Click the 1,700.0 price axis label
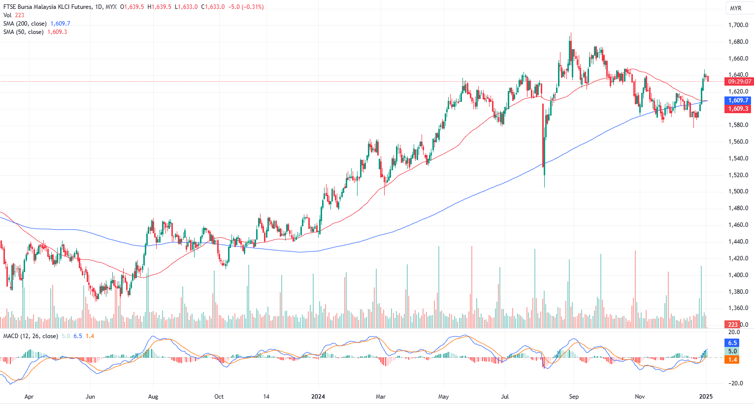[738, 25]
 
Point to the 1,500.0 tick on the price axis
[738, 191]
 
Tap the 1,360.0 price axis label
[738, 309]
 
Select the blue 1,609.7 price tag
[738, 100]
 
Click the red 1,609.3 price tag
[738, 109]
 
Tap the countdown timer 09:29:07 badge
[739, 82]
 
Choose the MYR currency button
[735, 8]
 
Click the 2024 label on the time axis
[318, 397]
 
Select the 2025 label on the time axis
[706, 397]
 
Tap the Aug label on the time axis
[153, 397]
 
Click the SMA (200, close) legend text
[25, 24]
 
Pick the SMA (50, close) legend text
[23, 32]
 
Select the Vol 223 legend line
[14, 15]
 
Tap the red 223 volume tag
[733, 324]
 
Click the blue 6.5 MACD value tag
[732, 343]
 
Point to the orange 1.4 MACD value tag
[732, 360]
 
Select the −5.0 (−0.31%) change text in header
[246, 7]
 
